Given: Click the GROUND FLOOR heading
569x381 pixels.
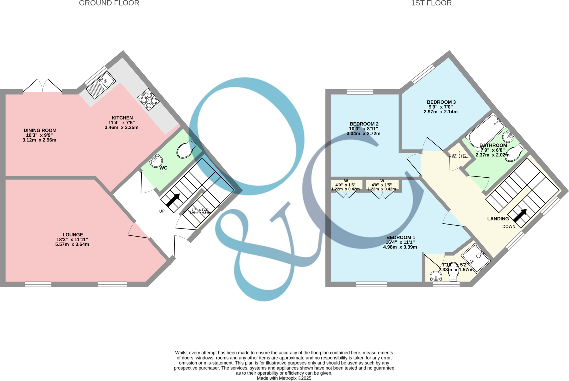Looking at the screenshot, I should (x=109, y=3).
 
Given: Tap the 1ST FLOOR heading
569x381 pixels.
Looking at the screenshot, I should (x=431, y=3).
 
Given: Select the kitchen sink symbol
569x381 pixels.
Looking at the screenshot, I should (x=101, y=85).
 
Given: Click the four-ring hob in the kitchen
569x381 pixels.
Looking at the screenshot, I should (x=148, y=99).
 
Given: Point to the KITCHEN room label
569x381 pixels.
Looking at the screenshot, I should (x=122, y=118).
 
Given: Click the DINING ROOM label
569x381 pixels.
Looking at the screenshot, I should (x=40, y=130).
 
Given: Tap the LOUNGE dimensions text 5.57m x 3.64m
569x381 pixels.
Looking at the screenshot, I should (x=72, y=245).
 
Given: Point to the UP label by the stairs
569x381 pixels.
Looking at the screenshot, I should (x=162, y=211).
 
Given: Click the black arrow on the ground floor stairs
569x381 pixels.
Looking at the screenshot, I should (x=173, y=200).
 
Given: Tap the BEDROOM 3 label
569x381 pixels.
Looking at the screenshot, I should (x=441, y=102).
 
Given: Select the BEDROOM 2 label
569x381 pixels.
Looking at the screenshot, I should (x=364, y=124).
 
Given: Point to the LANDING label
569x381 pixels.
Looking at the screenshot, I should (x=498, y=219).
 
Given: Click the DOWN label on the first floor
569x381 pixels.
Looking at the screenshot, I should (x=509, y=226).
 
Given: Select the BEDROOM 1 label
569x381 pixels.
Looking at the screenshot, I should (x=401, y=237).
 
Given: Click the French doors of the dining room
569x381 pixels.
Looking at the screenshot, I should (x=43, y=86).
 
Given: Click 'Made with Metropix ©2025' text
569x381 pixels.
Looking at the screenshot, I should (x=284, y=378).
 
